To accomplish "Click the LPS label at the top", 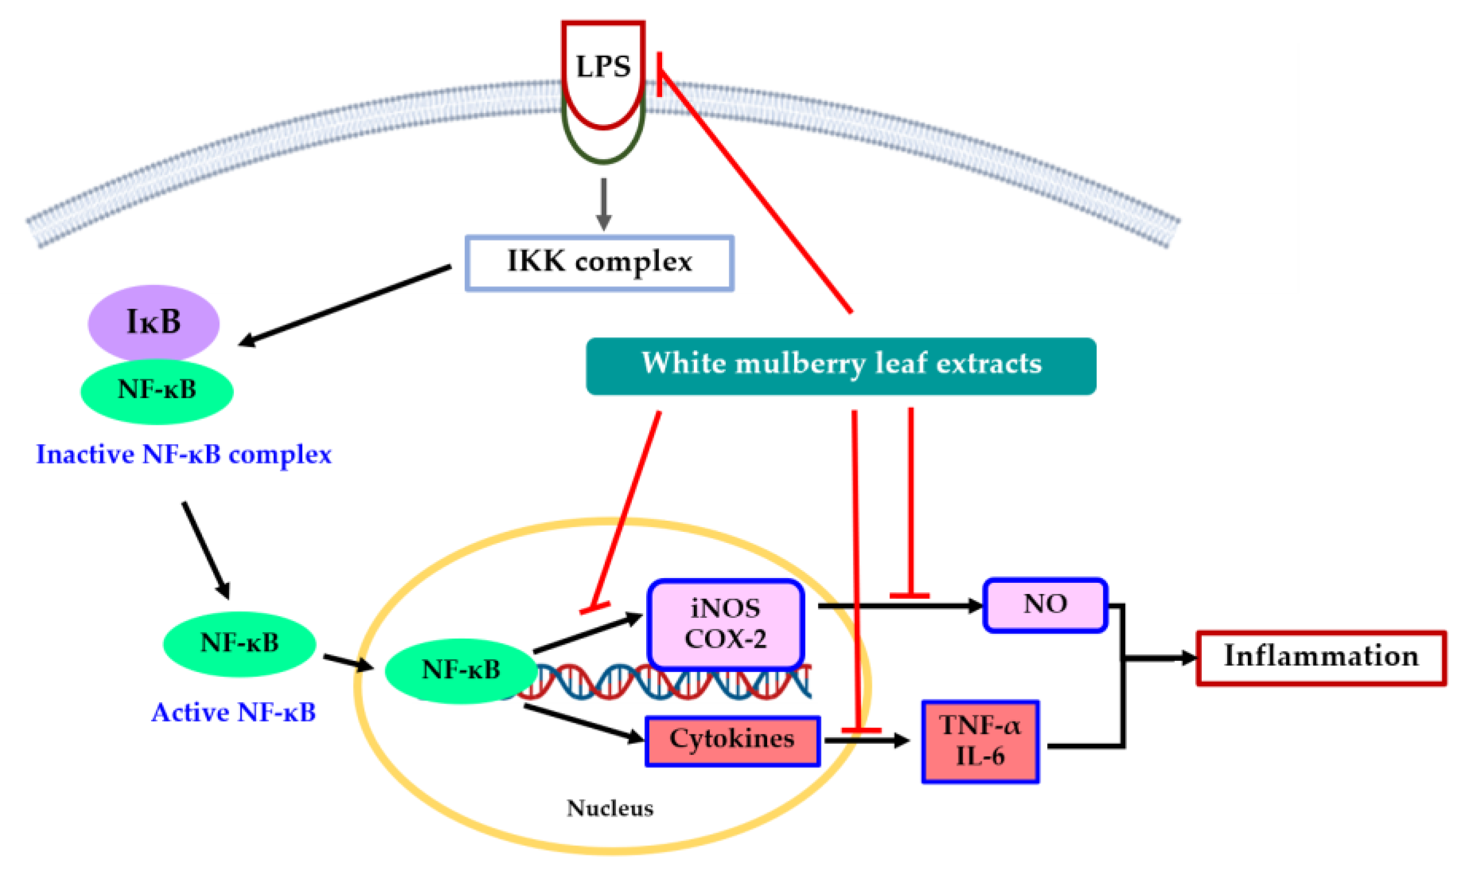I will point(602,66).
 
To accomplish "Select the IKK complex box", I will point(600,263).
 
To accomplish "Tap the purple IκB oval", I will point(153,322).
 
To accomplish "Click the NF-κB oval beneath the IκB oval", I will point(157,390).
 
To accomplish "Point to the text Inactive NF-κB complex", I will point(184,454).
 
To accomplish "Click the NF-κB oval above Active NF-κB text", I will point(239,643).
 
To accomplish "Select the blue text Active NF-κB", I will point(233,713).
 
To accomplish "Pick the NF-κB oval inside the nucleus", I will point(461,670).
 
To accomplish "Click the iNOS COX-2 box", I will point(725,624).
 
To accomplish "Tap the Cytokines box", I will point(732,740).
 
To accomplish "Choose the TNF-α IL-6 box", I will point(980,741).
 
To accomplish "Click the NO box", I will point(1045,605).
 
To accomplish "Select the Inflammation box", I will point(1320,658).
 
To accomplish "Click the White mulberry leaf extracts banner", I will point(841,365).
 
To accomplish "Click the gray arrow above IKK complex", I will point(603,204).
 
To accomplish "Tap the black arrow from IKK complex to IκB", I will point(345,305).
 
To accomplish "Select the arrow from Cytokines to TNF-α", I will point(867,740).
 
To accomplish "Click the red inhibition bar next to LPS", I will point(659,74).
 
